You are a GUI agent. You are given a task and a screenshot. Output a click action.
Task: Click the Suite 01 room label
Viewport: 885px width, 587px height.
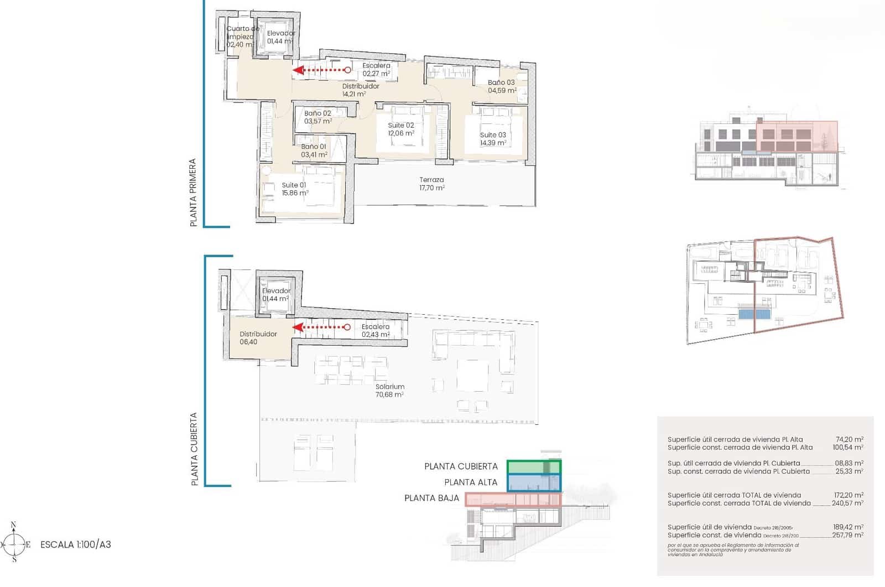pos(294,185)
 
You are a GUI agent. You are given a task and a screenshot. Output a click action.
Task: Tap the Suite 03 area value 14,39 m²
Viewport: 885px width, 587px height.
pos(493,143)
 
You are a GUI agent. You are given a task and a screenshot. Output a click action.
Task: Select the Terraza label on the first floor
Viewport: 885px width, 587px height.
pos(431,180)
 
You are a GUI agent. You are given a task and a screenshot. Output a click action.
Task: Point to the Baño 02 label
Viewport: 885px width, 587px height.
pos(317,113)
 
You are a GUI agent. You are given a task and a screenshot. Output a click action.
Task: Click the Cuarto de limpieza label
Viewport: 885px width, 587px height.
pos(242,33)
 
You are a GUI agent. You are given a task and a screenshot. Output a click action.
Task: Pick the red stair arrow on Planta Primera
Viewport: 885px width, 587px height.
pos(321,70)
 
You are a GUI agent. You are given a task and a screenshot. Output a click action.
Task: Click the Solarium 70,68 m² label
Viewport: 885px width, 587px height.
pos(389,391)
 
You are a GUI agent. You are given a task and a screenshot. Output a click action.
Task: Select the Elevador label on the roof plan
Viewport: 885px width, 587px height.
pos(276,291)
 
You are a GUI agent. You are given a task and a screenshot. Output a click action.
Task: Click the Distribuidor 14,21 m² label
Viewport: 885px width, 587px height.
pos(360,90)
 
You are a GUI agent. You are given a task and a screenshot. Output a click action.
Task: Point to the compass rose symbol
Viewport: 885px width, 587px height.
pos(14,544)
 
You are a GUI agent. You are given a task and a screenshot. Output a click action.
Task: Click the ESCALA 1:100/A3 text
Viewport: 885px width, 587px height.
pos(76,544)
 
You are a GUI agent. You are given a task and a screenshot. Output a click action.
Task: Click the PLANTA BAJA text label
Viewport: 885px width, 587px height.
pos(431,498)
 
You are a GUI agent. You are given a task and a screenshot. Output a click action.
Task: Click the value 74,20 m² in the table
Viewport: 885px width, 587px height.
pos(849,439)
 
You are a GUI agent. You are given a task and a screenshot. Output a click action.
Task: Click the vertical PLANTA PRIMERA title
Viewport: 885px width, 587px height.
pos(193,193)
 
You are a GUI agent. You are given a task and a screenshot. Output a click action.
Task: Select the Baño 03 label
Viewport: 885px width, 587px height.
pos(501,82)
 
